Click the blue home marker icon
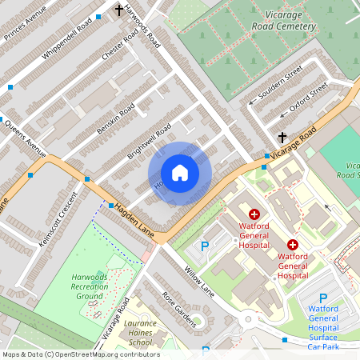pyautogui.click(x=180, y=173)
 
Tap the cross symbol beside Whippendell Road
pyautogui.click(x=120, y=10)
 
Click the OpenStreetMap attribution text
pyautogui.click(x=81, y=354)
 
